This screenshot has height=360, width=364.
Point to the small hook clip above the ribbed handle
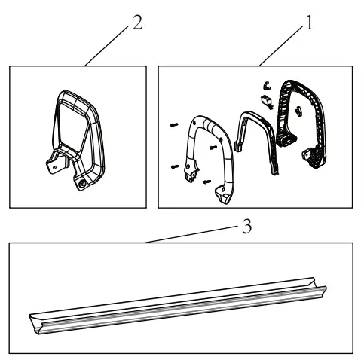pos(265,85)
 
